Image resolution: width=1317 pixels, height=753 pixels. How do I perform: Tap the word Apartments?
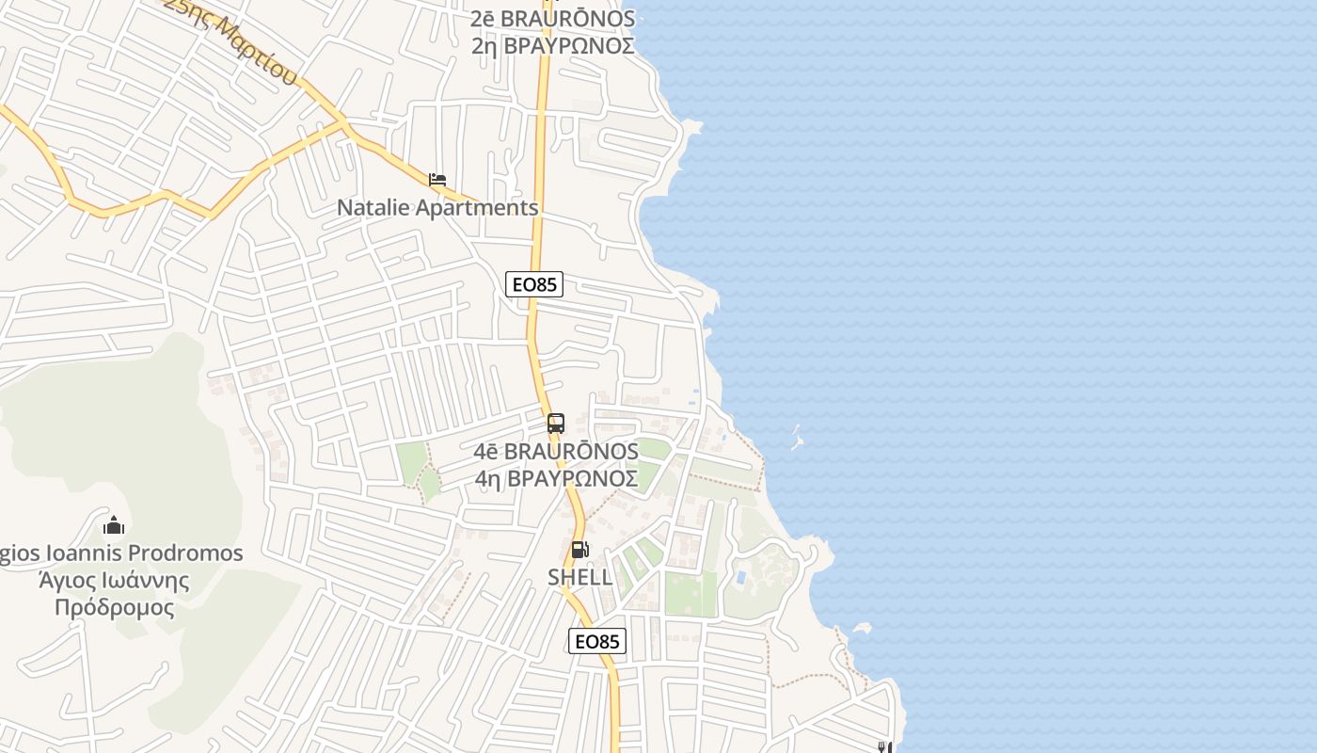click(477, 208)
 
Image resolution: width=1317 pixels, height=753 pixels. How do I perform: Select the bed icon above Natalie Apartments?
click(436, 179)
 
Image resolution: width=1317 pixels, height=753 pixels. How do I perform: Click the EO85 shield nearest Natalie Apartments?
click(534, 283)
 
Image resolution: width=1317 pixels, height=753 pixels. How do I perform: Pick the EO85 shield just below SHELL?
click(597, 641)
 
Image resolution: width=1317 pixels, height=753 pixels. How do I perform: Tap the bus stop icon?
click(556, 424)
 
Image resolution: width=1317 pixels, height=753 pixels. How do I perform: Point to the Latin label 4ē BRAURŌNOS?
click(556, 452)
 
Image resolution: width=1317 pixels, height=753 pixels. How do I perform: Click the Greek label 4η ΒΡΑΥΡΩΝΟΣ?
click(556, 479)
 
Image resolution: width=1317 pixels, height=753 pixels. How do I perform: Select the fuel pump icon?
click(580, 550)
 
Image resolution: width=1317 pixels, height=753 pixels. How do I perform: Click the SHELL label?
click(580, 577)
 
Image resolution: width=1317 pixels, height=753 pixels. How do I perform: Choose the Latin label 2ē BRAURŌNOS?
click(553, 19)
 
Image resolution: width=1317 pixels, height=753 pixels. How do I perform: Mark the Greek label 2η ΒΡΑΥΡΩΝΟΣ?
click(553, 45)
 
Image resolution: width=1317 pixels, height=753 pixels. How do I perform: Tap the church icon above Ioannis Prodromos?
click(114, 525)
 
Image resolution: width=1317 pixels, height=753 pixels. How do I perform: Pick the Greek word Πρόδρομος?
click(114, 607)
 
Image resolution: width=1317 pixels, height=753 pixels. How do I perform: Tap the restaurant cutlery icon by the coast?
click(883, 747)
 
